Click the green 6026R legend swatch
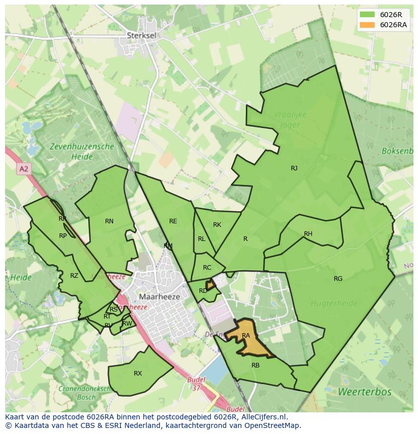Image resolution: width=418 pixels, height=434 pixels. (x=368, y=15)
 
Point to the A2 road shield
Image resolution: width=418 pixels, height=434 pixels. (x=23, y=169)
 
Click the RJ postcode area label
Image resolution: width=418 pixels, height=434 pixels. (x=294, y=168)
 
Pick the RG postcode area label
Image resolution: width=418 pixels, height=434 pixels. (x=338, y=279)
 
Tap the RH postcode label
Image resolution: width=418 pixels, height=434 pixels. (x=308, y=234)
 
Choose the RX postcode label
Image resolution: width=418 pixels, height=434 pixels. (x=138, y=374)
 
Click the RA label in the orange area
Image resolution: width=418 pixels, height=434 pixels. (x=246, y=336)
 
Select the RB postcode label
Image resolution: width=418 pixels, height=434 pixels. (x=255, y=365)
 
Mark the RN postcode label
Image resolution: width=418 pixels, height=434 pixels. (x=109, y=221)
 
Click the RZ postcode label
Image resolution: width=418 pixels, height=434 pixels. (x=74, y=276)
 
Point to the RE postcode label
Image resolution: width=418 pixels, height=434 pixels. (x=173, y=221)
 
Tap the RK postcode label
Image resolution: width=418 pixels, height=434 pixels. (x=217, y=225)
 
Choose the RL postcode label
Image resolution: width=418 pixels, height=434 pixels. (x=201, y=239)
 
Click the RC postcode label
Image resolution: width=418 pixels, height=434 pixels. (x=207, y=268)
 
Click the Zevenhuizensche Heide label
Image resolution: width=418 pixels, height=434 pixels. (x=82, y=152)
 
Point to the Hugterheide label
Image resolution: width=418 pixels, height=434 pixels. (x=334, y=303)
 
